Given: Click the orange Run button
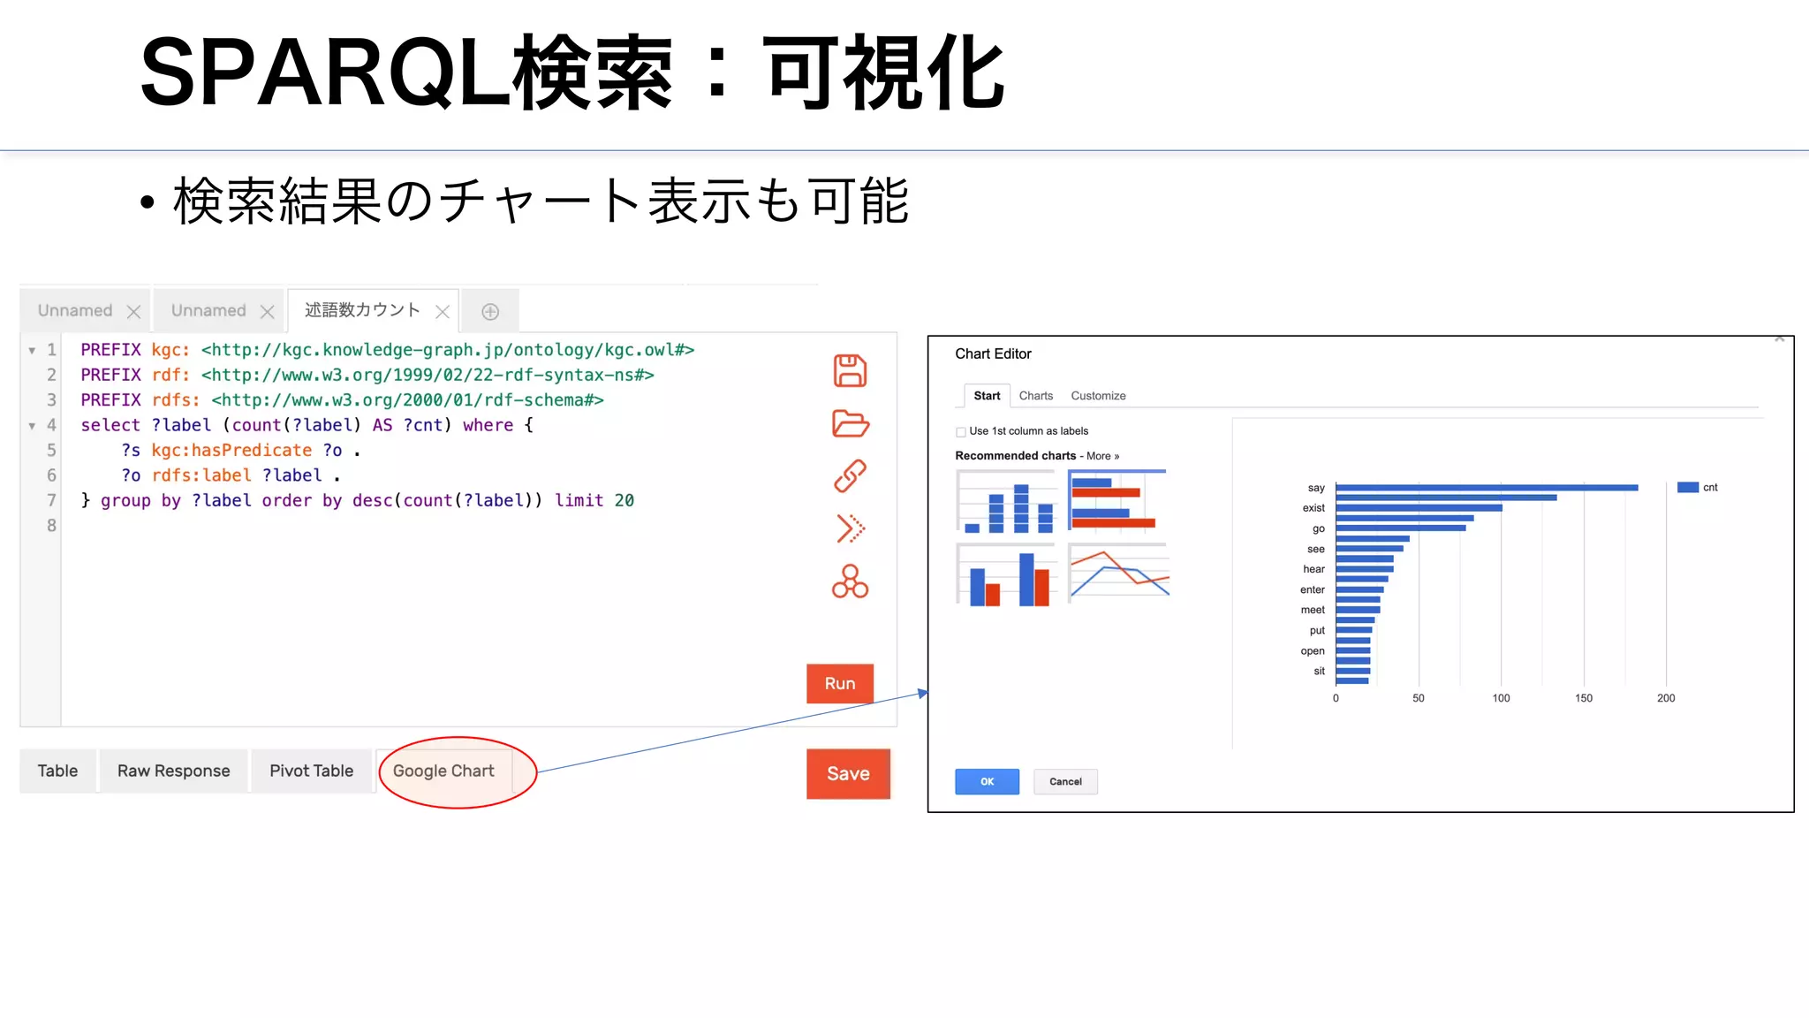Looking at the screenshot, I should tap(839, 683).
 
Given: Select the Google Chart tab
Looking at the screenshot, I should tap(443, 771).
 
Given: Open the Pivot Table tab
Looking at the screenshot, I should tap(311, 771).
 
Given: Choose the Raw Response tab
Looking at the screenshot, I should tap(173, 771).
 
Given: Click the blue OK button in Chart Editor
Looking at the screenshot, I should tap(987, 781).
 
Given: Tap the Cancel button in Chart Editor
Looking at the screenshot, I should tap(1065, 781).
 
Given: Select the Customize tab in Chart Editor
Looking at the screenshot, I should tap(1098, 396).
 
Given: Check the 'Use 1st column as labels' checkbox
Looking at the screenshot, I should tap(961, 432).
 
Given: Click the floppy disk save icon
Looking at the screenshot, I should tap(850, 370).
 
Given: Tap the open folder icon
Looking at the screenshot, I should tap(850, 423).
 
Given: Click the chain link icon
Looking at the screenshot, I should tap(850, 476).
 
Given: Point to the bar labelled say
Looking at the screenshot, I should tap(1486, 488).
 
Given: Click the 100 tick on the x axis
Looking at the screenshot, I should tap(1501, 698).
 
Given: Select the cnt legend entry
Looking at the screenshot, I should tap(1698, 488).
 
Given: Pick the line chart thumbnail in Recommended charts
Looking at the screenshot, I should tap(1118, 574).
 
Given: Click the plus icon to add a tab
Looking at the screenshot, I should tap(490, 312).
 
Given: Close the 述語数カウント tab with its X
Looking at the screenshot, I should tap(443, 312).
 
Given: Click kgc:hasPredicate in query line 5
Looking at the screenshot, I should tap(231, 451).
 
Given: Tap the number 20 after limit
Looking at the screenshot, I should tap(624, 501).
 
